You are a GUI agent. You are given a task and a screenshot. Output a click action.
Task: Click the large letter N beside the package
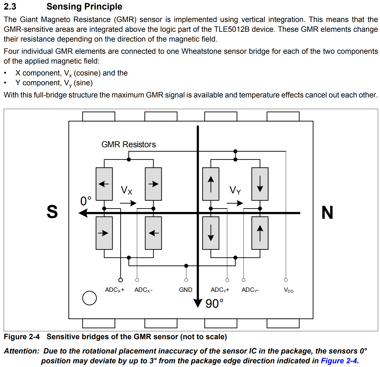[x=327, y=212]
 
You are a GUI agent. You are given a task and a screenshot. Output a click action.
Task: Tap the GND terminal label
[x=185, y=290]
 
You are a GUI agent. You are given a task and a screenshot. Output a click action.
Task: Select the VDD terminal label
[x=288, y=290]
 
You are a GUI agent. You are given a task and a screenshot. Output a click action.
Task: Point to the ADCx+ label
[x=114, y=290]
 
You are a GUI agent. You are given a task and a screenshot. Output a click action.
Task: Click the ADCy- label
[x=250, y=290]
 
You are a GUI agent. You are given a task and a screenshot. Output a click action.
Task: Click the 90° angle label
[x=214, y=304]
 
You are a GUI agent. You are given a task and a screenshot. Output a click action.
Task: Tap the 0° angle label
[x=86, y=201]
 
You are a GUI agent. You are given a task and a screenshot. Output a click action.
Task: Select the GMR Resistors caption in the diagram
[x=129, y=144]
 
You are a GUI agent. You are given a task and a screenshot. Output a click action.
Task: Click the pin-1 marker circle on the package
[x=89, y=298]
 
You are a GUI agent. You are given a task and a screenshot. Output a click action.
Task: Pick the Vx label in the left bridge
[x=126, y=190]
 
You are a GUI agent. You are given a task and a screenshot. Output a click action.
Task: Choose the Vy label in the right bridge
[x=235, y=190]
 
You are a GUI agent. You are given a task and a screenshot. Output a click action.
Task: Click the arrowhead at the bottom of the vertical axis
[x=198, y=303]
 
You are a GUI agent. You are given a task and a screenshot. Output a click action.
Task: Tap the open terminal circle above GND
[x=186, y=280]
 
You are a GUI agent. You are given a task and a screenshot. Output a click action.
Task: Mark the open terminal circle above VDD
[x=286, y=280]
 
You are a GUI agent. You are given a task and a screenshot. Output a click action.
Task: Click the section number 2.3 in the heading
[x=10, y=6]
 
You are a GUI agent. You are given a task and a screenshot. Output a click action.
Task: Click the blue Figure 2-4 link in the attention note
[x=339, y=361]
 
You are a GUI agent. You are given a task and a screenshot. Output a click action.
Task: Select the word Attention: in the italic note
[x=21, y=351]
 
